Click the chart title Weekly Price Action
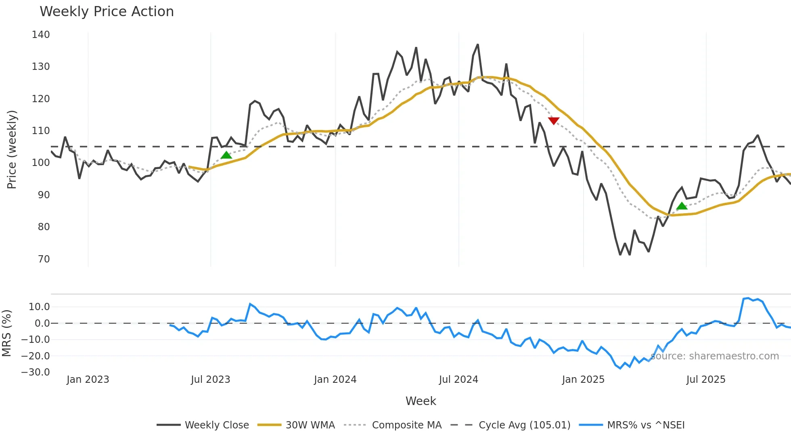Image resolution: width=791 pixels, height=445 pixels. (x=107, y=12)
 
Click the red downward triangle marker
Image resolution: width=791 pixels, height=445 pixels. (x=554, y=120)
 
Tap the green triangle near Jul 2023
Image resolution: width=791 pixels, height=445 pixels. (x=226, y=155)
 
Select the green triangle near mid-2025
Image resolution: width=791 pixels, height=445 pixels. (x=682, y=206)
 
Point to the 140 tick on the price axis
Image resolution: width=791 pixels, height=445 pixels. (x=41, y=35)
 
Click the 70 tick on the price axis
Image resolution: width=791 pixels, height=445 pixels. (x=44, y=259)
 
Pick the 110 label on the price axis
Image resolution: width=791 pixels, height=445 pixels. (x=41, y=131)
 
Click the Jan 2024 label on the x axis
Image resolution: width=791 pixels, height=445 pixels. (x=335, y=380)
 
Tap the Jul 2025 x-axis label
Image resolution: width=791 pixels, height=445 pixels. (x=705, y=380)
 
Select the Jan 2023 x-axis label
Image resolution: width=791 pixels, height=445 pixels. (x=88, y=380)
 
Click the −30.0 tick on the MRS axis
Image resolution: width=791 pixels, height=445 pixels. (x=36, y=372)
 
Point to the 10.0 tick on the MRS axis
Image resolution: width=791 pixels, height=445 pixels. (x=39, y=307)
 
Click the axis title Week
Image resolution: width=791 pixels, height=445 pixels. (x=421, y=401)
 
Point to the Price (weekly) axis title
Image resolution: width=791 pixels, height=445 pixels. (x=12, y=149)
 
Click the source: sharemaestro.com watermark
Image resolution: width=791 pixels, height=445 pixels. (x=714, y=356)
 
